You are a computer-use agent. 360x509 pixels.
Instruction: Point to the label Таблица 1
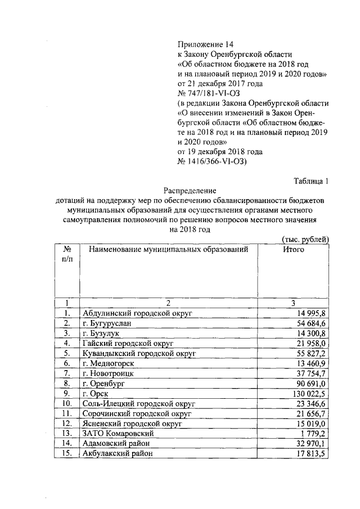(310, 181)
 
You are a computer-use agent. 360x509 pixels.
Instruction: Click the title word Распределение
(191, 191)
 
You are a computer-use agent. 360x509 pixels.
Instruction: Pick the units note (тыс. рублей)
(305, 239)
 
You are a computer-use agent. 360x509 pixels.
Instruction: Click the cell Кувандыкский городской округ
(138, 353)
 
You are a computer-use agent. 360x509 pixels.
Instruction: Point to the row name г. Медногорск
(108, 363)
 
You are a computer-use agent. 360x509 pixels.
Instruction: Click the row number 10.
(67, 404)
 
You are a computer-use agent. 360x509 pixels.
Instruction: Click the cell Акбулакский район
(117, 454)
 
